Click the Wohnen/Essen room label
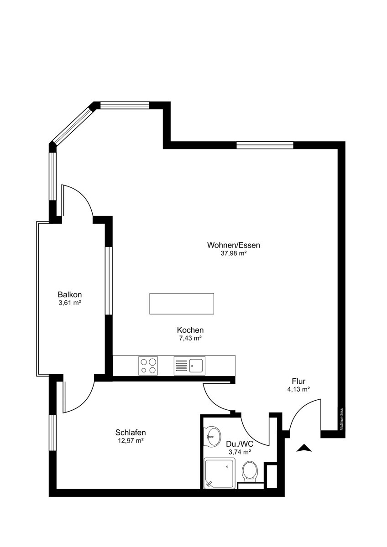tap(233, 245)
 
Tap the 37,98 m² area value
tap(233, 253)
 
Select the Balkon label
tap(70, 294)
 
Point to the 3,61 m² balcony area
tap(70, 303)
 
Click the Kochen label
tap(190, 330)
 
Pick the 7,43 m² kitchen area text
tap(190, 338)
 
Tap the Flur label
tap(298, 381)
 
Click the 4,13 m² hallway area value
tap(298, 389)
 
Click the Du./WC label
tap(240, 444)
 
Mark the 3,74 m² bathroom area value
tap(240, 452)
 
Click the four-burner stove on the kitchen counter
tap(148, 366)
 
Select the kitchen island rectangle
tap(182, 304)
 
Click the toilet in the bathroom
tap(250, 471)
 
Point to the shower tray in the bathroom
tap(220, 473)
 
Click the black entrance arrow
tap(304, 448)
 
